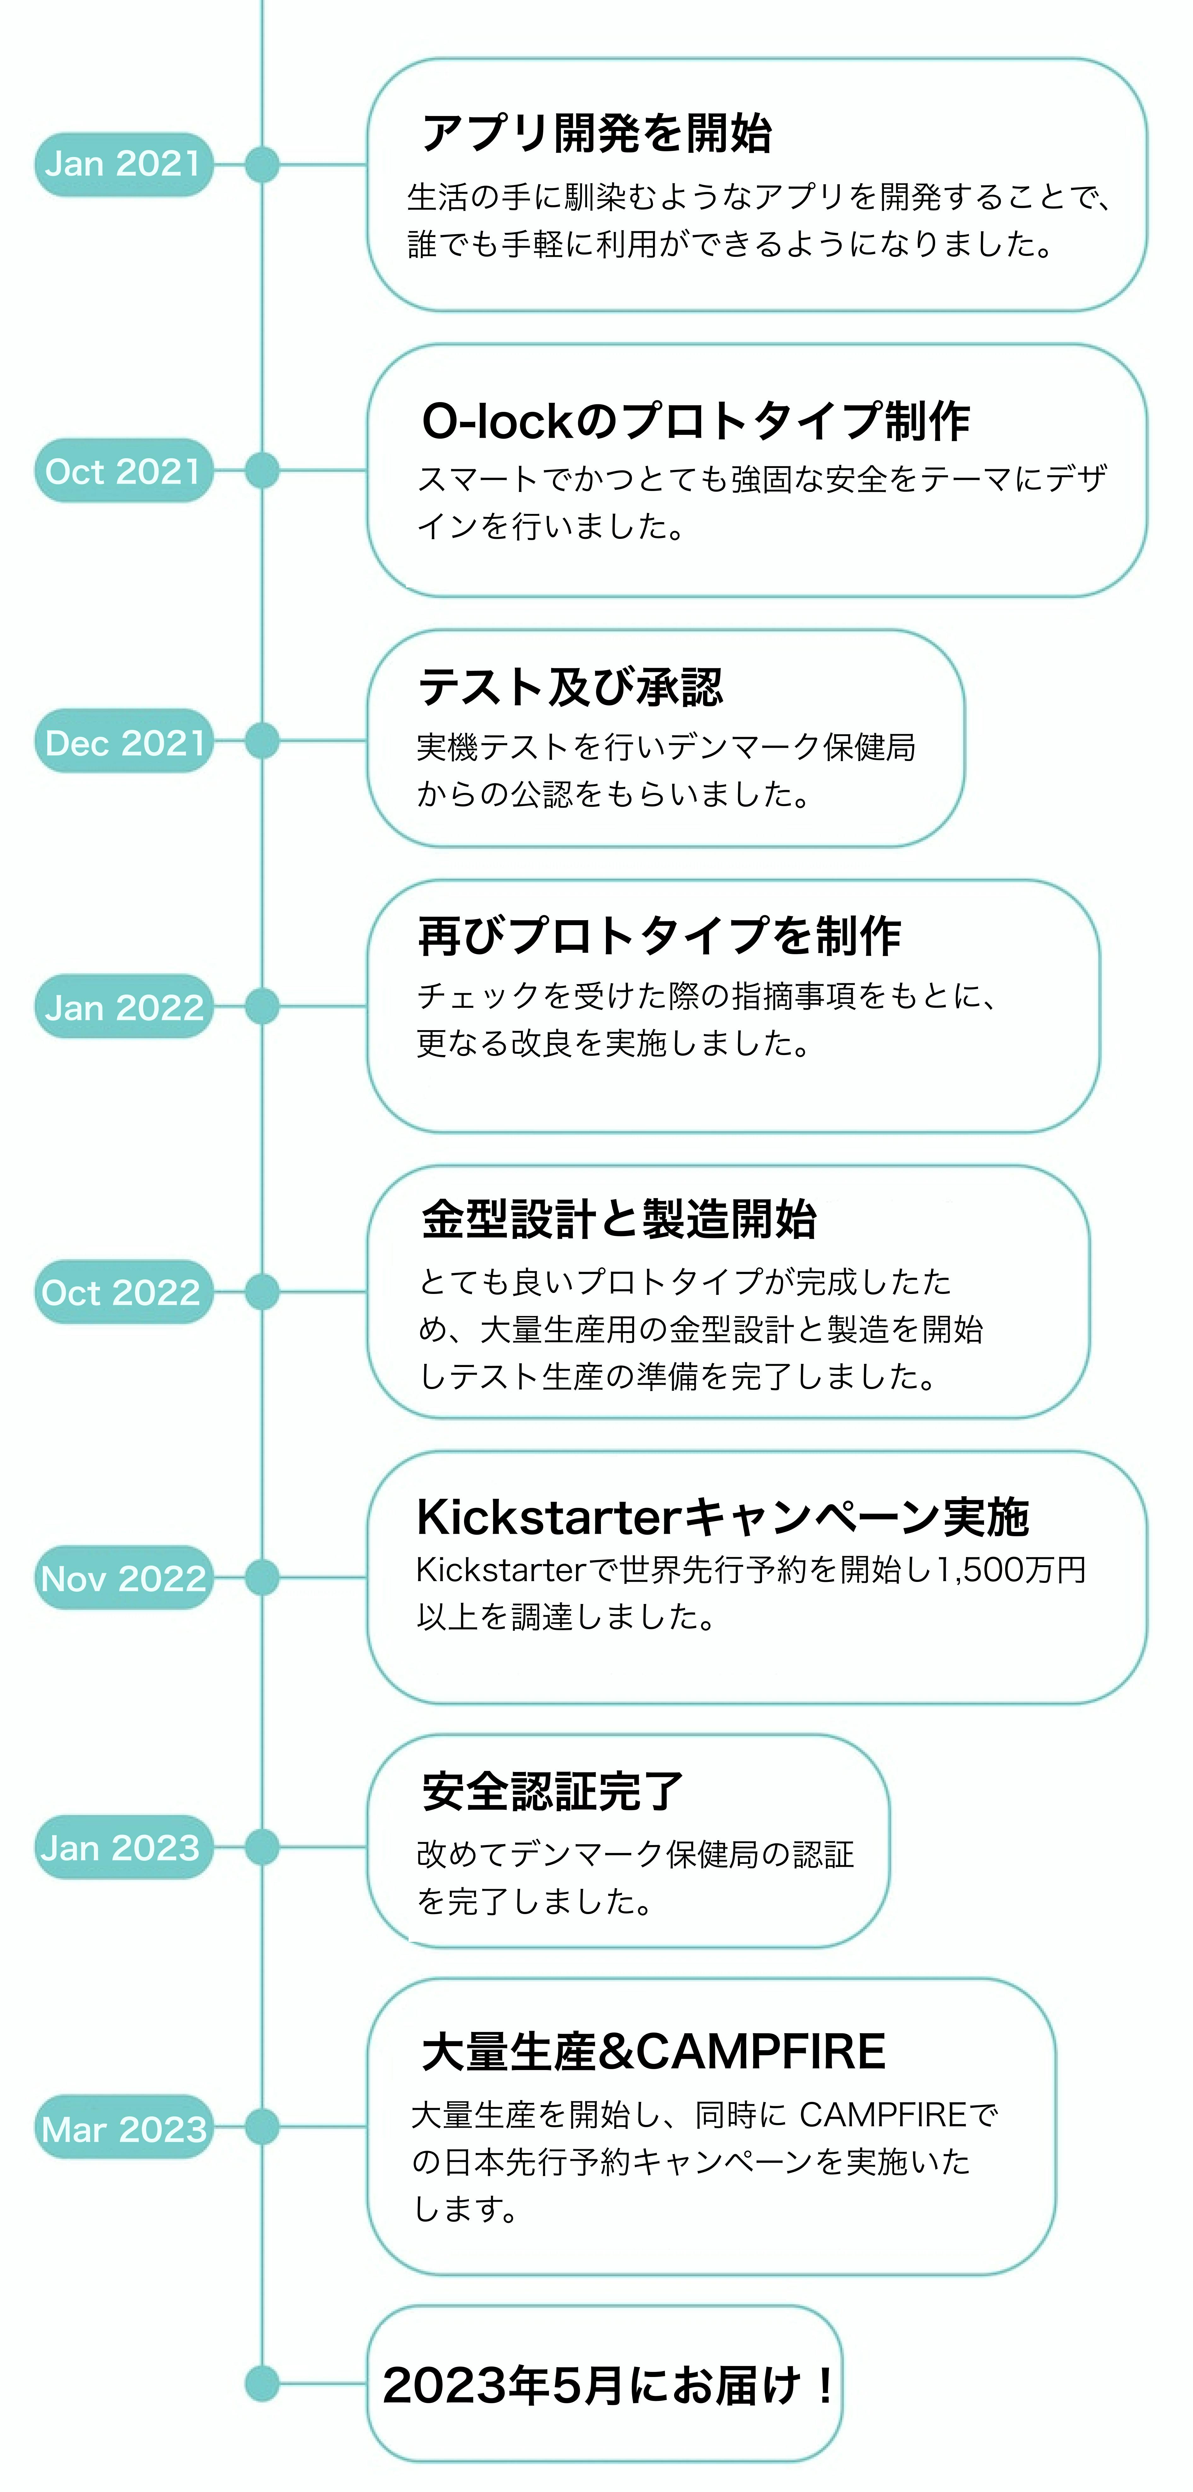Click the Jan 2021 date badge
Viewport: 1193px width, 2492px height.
click(123, 164)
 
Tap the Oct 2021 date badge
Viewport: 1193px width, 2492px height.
click(123, 471)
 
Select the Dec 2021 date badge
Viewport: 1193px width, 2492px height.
click(123, 742)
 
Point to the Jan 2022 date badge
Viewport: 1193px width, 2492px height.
click(123, 1007)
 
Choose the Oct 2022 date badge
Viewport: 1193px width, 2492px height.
click(123, 1292)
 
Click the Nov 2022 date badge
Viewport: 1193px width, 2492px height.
click(123, 1578)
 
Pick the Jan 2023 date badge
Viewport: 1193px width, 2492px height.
click(123, 1848)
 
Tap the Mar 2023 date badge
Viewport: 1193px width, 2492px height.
click(123, 2127)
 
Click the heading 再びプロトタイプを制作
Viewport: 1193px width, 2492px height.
click(659, 937)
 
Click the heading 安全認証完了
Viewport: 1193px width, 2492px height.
click(552, 1791)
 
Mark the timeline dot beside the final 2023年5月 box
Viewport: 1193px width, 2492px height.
click(262, 2384)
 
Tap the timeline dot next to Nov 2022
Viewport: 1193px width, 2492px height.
click(262, 1578)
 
